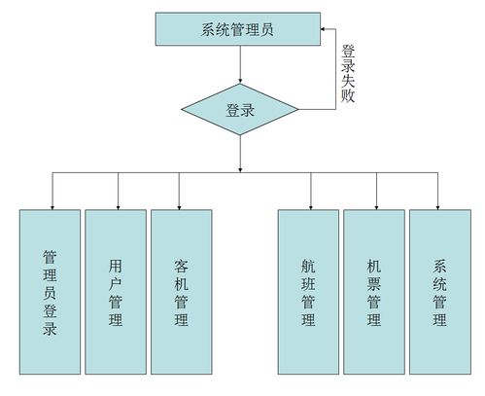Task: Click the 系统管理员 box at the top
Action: (239, 29)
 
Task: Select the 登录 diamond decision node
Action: (239, 110)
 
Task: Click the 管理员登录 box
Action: (50, 291)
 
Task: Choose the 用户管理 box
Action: (116, 291)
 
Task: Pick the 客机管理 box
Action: (181, 291)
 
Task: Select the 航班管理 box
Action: (308, 291)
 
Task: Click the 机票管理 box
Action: (373, 291)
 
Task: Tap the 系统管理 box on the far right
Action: (438, 291)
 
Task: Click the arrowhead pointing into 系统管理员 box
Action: (325, 29)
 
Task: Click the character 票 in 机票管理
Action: (373, 282)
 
